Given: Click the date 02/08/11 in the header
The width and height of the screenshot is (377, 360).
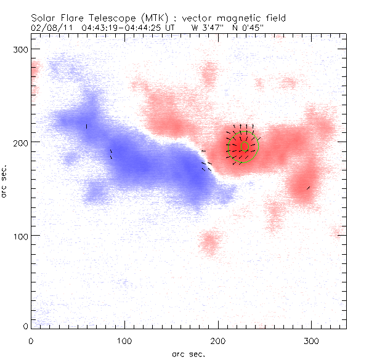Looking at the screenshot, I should [49, 28].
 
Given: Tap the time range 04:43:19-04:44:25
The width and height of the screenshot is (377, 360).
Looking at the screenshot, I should [123, 28].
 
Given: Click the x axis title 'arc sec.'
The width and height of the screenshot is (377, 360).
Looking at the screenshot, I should [188, 354].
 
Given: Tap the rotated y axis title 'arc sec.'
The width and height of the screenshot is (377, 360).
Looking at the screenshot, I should [5, 181].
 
